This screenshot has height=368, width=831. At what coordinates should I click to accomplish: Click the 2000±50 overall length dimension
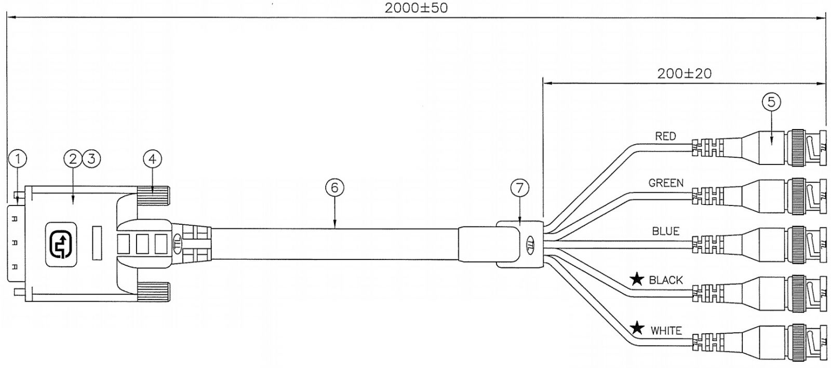[x=416, y=8]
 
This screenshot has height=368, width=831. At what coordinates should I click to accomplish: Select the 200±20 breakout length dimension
[x=685, y=74]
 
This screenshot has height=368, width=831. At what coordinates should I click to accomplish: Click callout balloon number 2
[x=73, y=159]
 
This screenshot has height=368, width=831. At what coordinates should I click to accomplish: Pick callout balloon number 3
[x=91, y=159]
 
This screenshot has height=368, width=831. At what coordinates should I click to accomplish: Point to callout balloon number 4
[x=153, y=159]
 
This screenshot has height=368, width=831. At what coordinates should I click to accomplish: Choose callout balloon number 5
[x=771, y=102]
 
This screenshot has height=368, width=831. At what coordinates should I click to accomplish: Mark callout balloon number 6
[x=334, y=188]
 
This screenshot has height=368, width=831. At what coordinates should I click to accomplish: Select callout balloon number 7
[x=519, y=188]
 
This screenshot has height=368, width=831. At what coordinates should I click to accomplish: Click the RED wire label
[x=665, y=137]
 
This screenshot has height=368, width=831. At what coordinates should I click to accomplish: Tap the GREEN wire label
[x=666, y=183]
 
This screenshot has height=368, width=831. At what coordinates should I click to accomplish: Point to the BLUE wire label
[x=666, y=231]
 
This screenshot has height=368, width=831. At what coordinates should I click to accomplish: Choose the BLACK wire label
[x=666, y=280]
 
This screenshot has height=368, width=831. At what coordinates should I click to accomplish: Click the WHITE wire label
[x=666, y=330]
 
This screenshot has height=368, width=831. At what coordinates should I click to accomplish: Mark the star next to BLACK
[x=637, y=279]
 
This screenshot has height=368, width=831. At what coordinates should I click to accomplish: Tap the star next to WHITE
[x=637, y=328]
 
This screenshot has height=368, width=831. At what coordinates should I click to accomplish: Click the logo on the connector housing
[x=61, y=244]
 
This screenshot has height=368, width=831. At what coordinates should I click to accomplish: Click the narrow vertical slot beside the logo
[x=97, y=243]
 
